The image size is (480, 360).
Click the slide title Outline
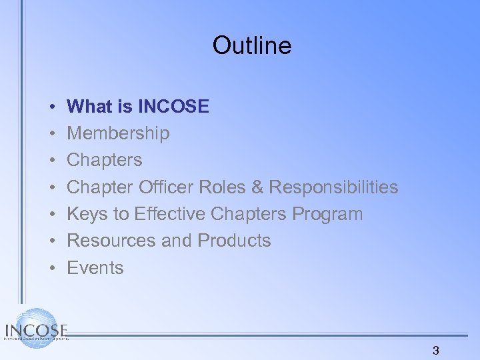pos(252,46)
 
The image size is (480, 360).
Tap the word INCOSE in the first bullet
pos(174,106)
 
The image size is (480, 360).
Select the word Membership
pos(119,133)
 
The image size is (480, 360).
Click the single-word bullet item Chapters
pos(105,160)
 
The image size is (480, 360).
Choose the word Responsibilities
pos(334,187)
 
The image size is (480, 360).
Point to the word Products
pos(233,241)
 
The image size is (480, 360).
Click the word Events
pos(95,268)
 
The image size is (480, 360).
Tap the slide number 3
pos(436,351)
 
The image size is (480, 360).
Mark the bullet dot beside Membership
pos(51,133)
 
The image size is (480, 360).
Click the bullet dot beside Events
pos(51,268)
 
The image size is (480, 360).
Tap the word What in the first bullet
pos(90,106)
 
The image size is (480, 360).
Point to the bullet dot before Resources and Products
pos(51,241)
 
